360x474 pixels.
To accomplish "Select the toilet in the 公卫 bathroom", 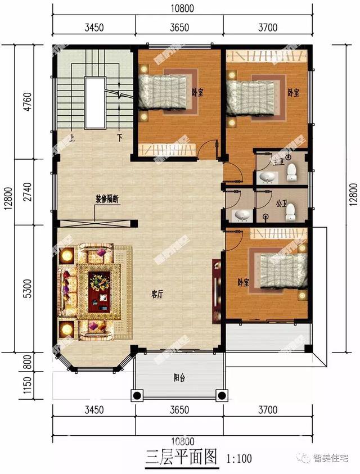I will [291, 211].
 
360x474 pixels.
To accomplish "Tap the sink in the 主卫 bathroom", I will [268, 178].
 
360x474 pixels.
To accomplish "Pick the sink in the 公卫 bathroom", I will [242, 214].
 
